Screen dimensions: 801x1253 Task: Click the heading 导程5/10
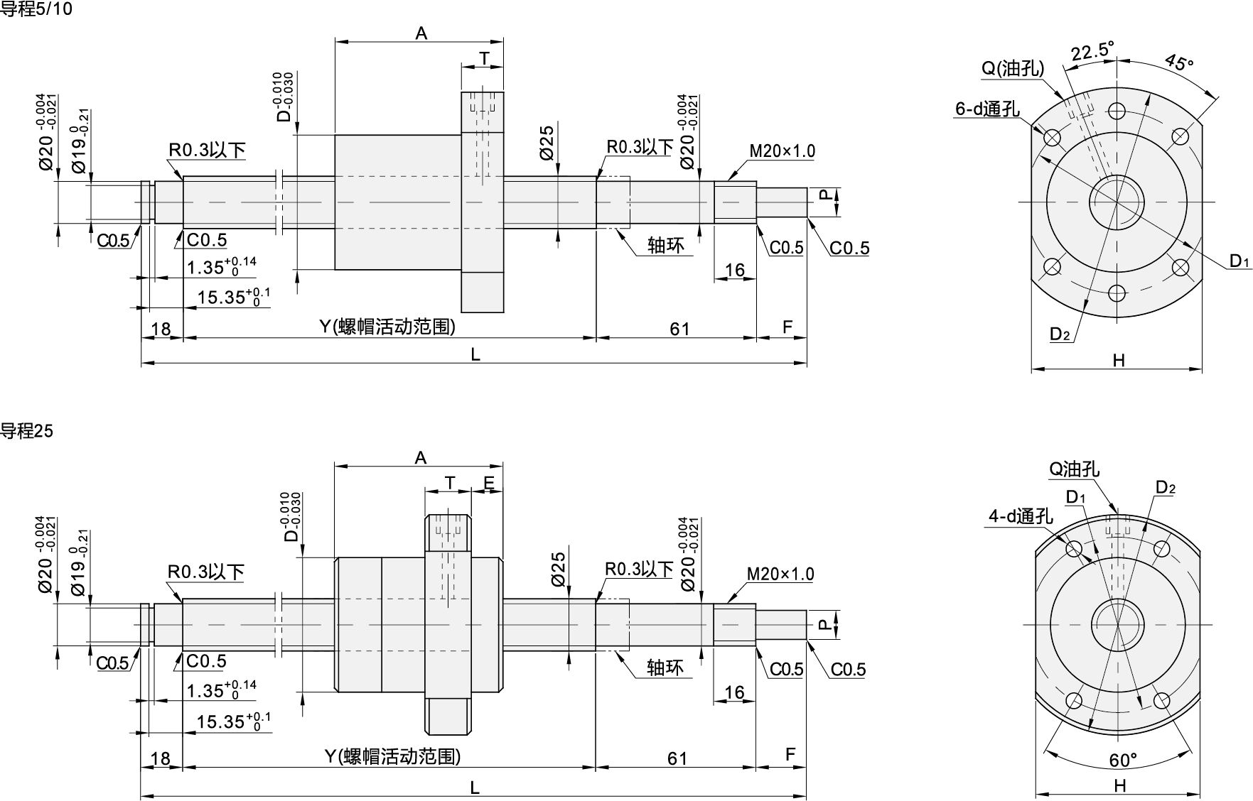(x=36, y=9)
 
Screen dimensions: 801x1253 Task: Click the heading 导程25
(x=27, y=430)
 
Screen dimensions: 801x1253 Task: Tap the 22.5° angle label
(x=1092, y=52)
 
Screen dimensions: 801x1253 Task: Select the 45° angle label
(x=1179, y=62)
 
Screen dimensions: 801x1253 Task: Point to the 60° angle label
(x=1123, y=760)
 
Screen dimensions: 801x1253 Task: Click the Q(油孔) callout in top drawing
(x=1013, y=68)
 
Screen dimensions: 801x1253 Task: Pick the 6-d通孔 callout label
(x=987, y=109)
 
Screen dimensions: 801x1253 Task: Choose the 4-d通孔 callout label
(x=1020, y=516)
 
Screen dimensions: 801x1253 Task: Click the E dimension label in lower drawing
(x=489, y=483)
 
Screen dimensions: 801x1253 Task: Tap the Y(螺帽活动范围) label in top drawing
(x=387, y=327)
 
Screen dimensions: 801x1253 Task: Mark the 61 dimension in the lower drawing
(x=677, y=758)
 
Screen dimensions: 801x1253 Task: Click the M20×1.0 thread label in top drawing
(x=782, y=151)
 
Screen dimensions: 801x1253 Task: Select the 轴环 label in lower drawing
(x=665, y=667)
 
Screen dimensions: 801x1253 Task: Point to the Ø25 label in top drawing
(x=547, y=143)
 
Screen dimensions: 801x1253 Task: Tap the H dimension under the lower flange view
(x=1120, y=785)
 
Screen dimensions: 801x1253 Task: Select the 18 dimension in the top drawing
(x=161, y=329)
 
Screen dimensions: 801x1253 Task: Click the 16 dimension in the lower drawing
(x=733, y=692)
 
